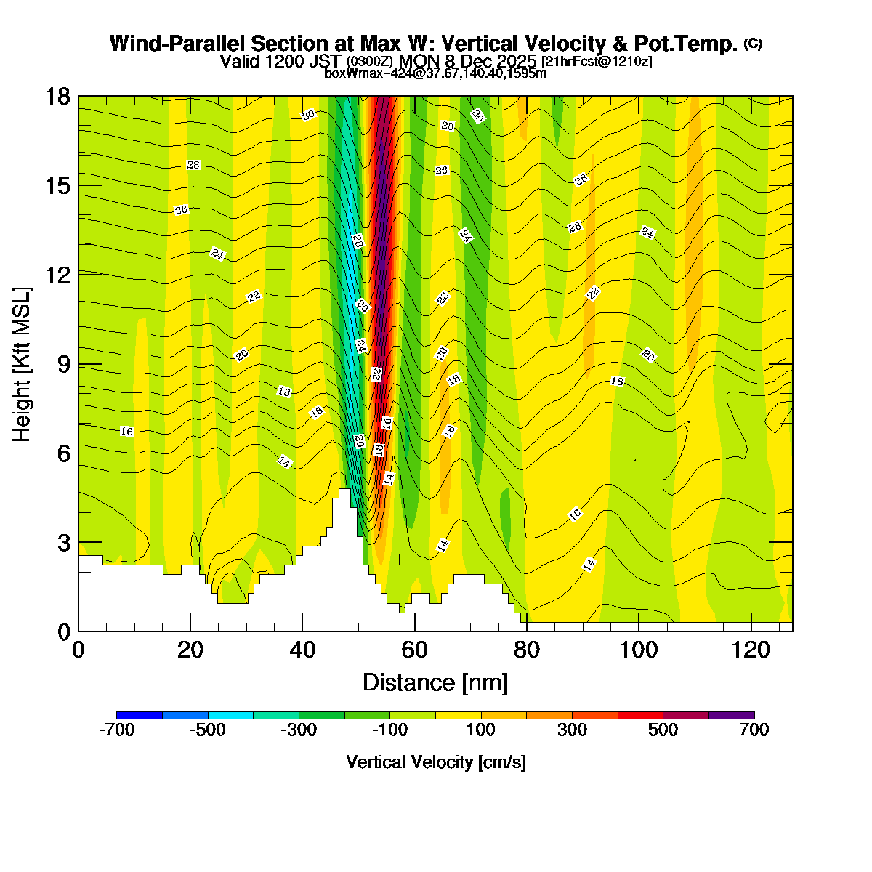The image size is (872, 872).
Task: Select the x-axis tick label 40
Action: pyautogui.click(x=302, y=650)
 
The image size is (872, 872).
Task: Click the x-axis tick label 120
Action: pyautogui.click(x=751, y=650)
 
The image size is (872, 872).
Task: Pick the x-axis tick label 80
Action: pyautogui.click(x=527, y=650)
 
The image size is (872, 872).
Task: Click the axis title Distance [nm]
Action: pyautogui.click(x=435, y=683)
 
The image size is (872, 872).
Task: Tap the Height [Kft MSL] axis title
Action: pyautogui.click(x=23, y=364)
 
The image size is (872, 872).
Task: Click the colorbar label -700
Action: pyautogui.click(x=116, y=730)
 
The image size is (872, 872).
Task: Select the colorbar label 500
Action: pyautogui.click(x=663, y=730)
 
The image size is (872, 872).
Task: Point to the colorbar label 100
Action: pyautogui.click(x=481, y=730)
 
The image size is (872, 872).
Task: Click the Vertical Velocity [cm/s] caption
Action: pyautogui.click(x=436, y=762)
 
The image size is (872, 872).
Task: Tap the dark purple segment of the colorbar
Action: pyautogui.click(x=731, y=715)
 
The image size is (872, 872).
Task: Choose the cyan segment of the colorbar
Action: pyautogui.click(x=230, y=715)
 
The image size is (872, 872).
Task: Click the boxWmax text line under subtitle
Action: pyautogui.click(x=435, y=73)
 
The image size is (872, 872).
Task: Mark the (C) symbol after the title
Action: pyautogui.click(x=753, y=44)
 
